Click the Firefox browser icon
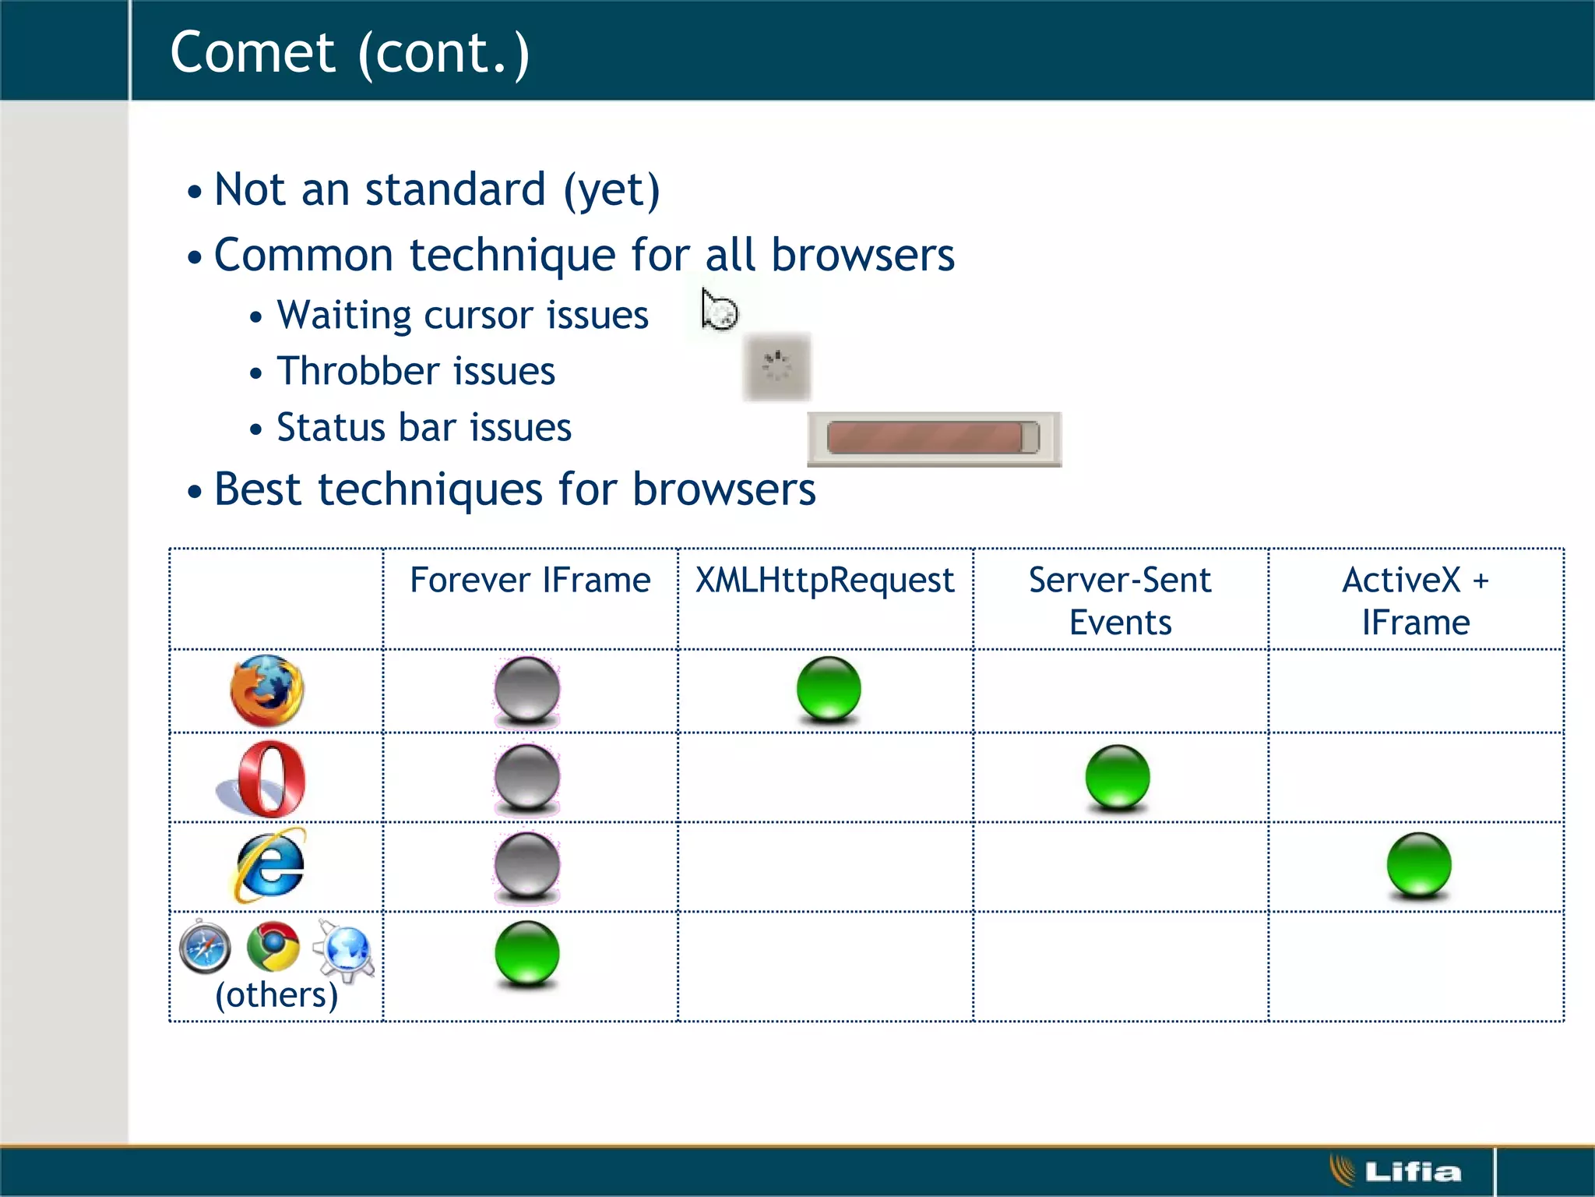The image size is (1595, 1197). coord(267,690)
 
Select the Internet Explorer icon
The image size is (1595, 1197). coord(269,866)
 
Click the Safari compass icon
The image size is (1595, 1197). coord(205,947)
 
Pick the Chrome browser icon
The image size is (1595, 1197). coord(273,947)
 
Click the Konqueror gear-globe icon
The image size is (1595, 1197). coord(344,948)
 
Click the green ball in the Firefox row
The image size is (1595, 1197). coord(829,688)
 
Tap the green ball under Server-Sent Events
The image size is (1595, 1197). coord(1118,777)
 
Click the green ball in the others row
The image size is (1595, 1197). coord(527,953)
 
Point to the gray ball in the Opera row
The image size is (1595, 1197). coord(527,777)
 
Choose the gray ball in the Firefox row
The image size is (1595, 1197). coord(527,689)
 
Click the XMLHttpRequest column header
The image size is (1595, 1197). coord(825,581)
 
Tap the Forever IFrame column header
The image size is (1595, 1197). coord(530,581)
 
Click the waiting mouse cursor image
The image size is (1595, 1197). coord(718,310)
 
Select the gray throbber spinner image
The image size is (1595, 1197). coord(776,366)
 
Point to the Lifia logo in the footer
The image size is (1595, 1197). coord(1396,1171)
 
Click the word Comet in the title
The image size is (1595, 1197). coord(252,53)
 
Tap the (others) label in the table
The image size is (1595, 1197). coord(276,995)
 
